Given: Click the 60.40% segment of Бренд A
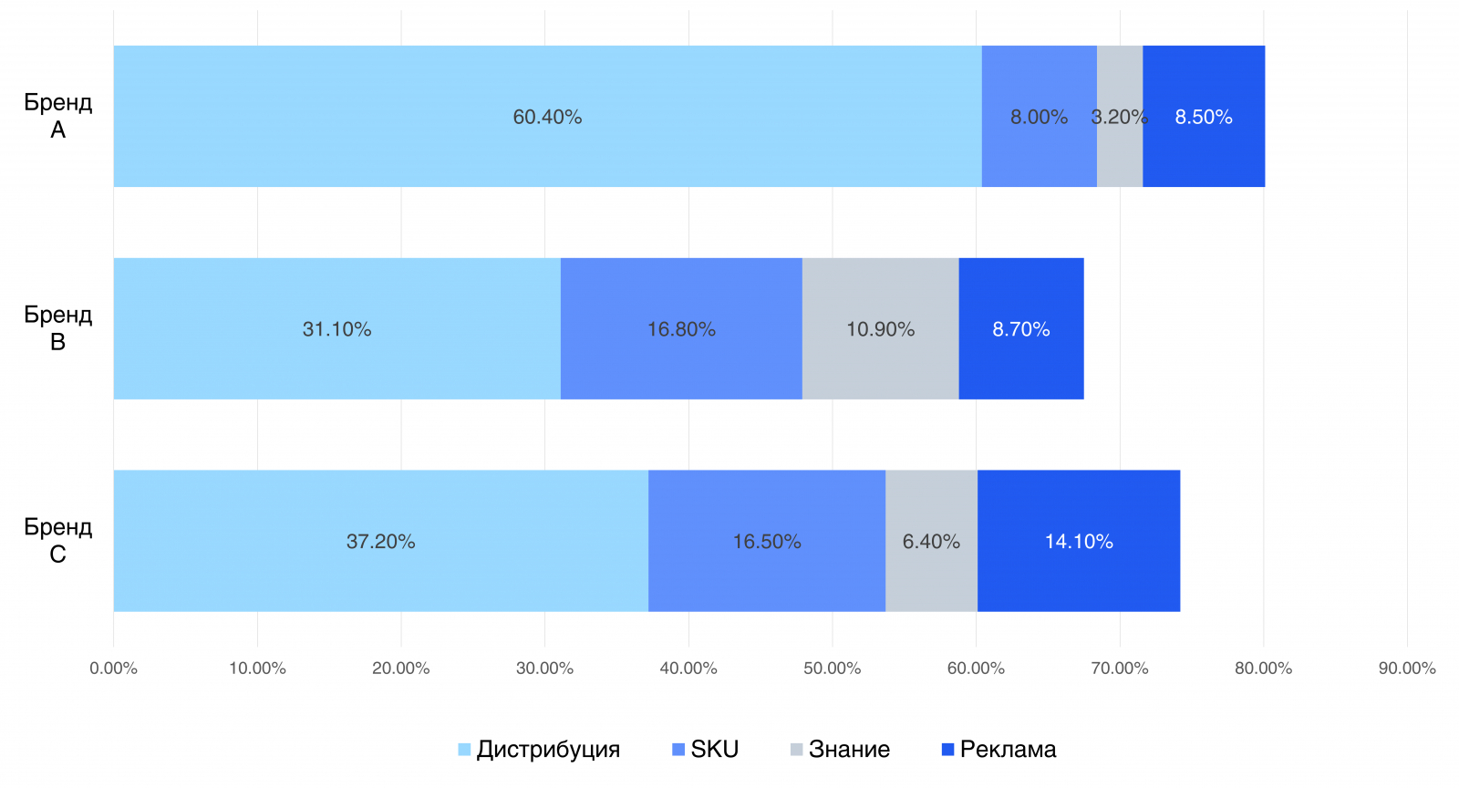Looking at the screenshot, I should (547, 117).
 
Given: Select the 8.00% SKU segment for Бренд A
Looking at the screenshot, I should (1039, 117).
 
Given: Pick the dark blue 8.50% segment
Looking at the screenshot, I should (1204, 117).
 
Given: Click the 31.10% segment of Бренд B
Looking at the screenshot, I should (336, 329).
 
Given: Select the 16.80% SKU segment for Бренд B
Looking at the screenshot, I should (681, 329).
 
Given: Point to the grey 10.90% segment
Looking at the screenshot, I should (880, 329).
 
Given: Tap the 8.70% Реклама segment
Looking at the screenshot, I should (1021, 329).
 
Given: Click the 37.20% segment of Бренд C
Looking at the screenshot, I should (380, 542).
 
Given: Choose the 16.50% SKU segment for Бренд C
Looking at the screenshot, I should (767, 542).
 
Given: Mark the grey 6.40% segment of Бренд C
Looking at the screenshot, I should (931, 542).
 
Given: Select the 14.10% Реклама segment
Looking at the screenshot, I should (1079, 542).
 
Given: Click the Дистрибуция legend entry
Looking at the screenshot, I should (539, 750).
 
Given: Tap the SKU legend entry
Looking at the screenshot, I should (706, 750).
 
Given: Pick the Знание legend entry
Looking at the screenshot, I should (840, 750).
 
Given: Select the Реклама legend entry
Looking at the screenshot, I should (999, 750).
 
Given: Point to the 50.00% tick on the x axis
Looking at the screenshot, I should (832, 669).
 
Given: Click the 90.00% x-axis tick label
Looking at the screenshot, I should (1407, 669).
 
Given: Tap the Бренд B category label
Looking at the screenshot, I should (57, 328).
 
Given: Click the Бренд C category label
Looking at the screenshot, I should (57, 541).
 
